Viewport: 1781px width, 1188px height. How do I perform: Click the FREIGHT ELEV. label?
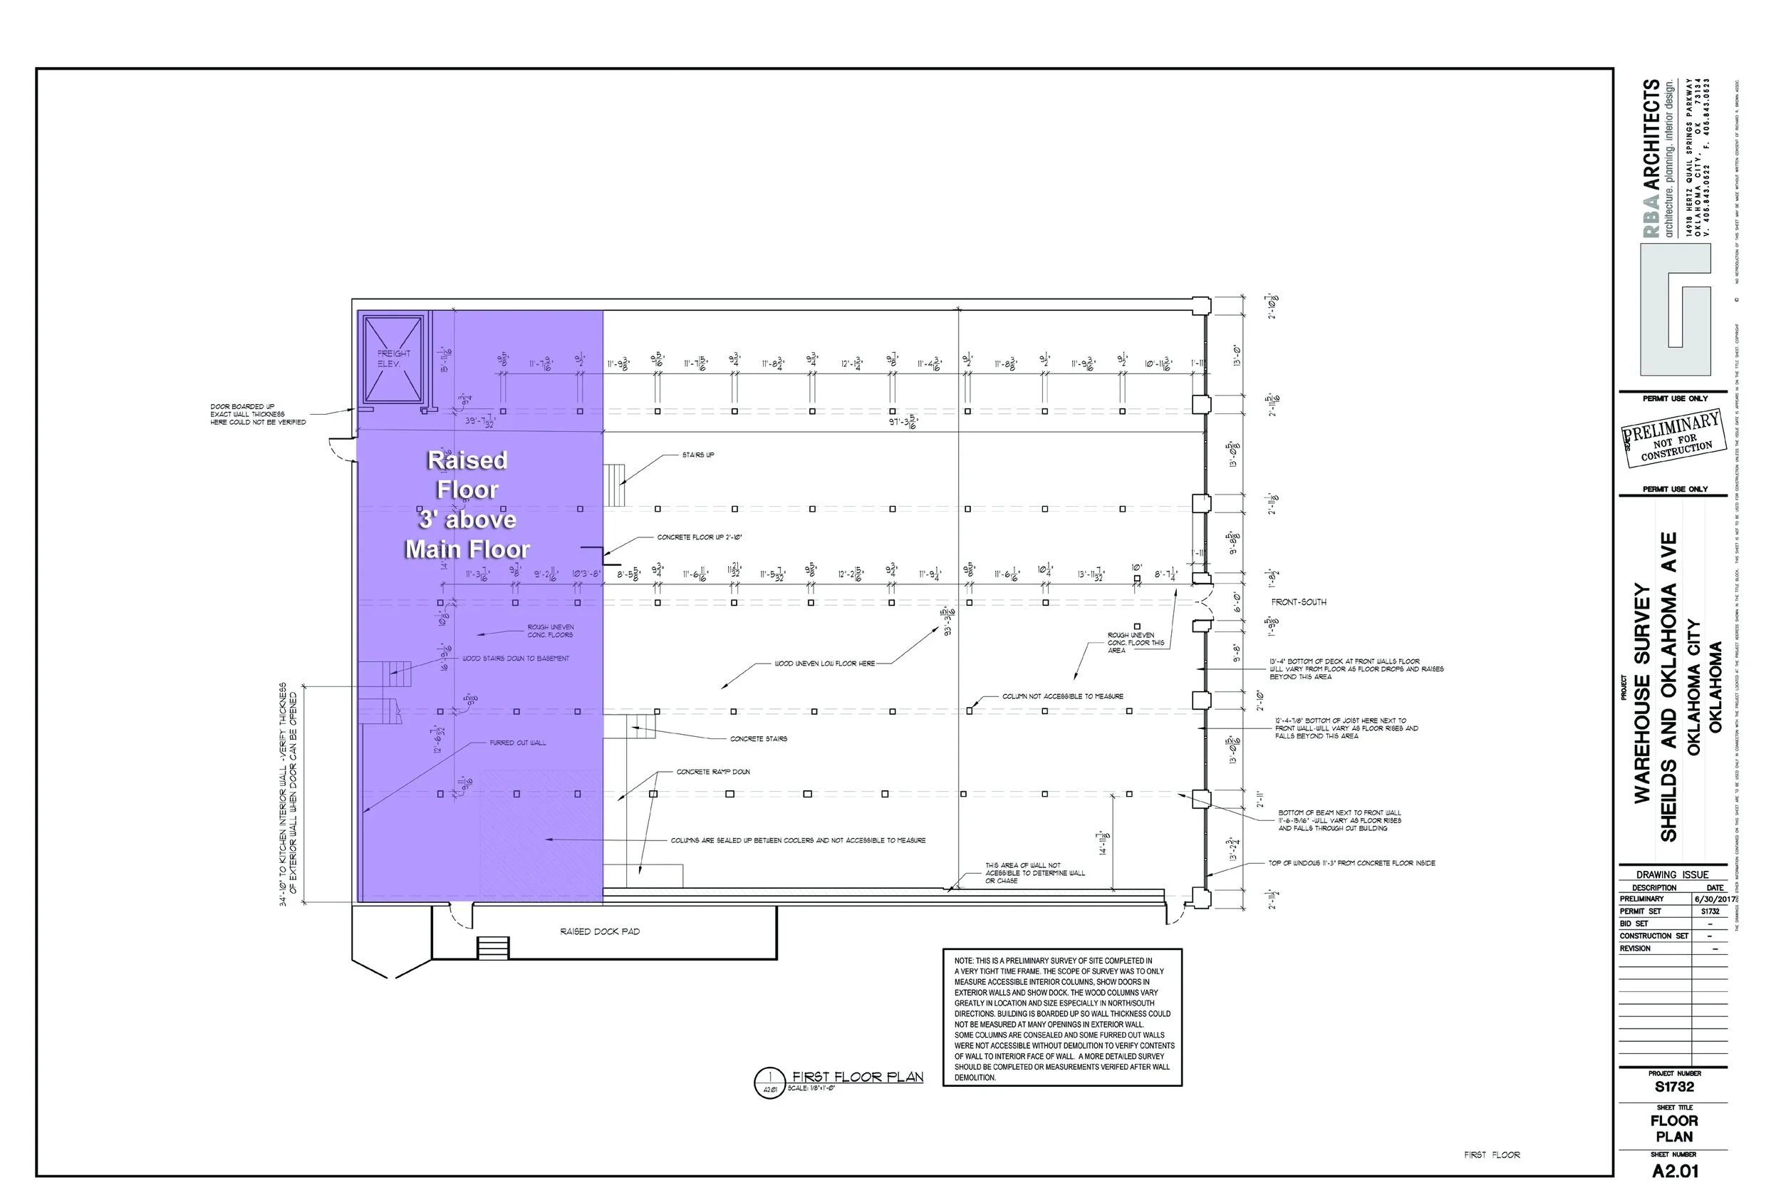click(x=393, y=358)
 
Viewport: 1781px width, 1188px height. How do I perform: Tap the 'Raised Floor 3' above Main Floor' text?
click(x=467, y=505)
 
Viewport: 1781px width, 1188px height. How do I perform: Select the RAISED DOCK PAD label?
click(x=600, y=931)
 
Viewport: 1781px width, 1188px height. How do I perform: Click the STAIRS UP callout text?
click(x=697, y=455)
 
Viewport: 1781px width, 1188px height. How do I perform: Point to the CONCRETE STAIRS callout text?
click(x=758, y=739)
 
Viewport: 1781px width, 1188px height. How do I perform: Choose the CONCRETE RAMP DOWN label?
click(x=713, y=772)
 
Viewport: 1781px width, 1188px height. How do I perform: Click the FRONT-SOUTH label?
click(x=1299, y=602)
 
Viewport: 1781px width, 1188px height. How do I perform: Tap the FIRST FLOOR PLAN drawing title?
click(x=857, y=1077)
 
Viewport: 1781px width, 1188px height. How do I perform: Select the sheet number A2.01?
click(x=1675, y=1172)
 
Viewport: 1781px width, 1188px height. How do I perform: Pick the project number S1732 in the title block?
click(x=1674, y=1088)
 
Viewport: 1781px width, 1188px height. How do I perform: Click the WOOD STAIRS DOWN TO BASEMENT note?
click(x=516, y=658)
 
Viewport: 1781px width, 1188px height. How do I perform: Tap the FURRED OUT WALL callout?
click(x=517, y=743)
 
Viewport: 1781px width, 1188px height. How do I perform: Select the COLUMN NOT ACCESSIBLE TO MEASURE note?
click(x=1062, y=696)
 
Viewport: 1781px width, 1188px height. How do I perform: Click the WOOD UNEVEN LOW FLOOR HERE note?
click(x=824, y=663)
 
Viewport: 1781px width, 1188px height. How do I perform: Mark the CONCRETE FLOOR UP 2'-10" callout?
click(x=699, y=537)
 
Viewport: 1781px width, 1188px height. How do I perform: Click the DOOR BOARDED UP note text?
click(x=257, y=415)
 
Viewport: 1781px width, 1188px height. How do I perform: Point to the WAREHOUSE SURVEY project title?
click(x=1642, y=693)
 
